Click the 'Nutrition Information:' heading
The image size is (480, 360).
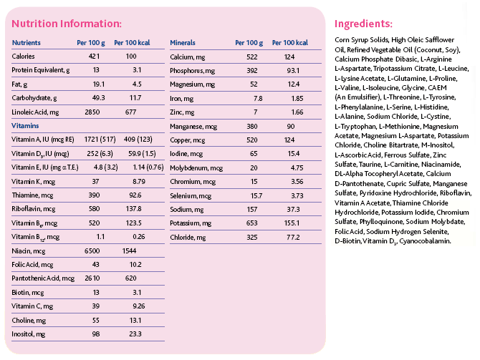[x=67, y=24]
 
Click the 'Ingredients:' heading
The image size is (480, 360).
[x=363, y=24]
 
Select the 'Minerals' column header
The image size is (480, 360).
[x=183, y=42]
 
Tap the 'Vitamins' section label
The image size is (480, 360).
[x=25, y=126]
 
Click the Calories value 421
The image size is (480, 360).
[x=94, y=57]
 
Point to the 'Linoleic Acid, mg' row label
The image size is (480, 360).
[x=35, y=112]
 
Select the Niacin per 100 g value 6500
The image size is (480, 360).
[x=92, y=250]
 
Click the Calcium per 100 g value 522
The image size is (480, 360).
[x=252, y=57]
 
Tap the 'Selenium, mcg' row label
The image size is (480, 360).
[x=191, y=196]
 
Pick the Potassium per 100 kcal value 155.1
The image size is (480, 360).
[x=292, y=223]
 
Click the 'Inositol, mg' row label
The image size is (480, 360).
[x=28, y=334]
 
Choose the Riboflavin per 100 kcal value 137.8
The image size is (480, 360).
[x=134, y=209]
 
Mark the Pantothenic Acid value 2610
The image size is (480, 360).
[x=92, y=278]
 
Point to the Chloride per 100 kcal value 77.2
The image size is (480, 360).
[x=293, y=238]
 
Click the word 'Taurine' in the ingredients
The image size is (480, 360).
[x=370, y=165]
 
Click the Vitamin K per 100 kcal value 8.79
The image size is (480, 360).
[x=139, y=181]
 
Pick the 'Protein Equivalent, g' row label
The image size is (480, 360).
[x=40, y=70]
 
